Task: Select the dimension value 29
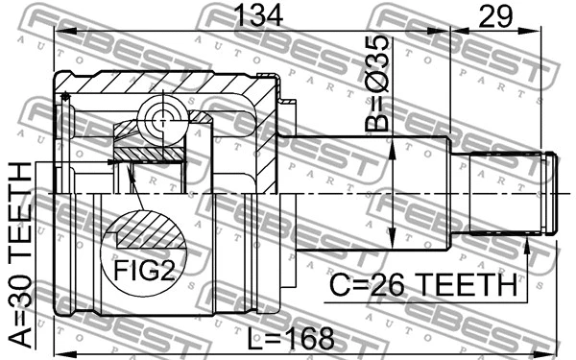tap(495, 16)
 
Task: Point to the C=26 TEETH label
tap(423, 284)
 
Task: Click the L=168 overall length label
tap(289, 338)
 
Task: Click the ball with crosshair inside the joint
tap(158, 120)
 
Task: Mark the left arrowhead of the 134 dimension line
tap(60, 32)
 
